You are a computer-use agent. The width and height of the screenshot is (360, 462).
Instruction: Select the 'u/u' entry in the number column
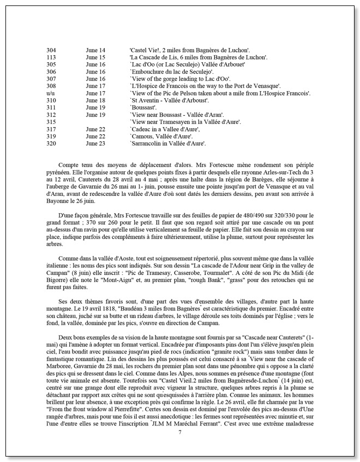click(x=51, y=93)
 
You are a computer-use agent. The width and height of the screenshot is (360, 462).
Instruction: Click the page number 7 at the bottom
click(x=180, y=447)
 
